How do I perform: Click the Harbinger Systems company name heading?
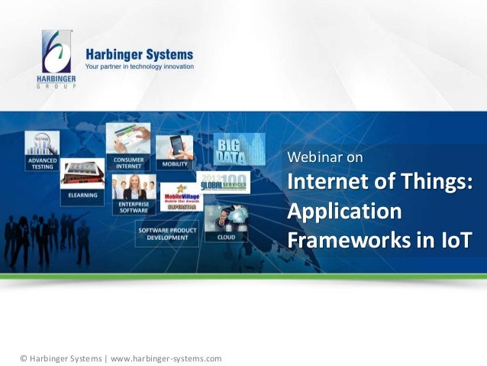pos(139,55)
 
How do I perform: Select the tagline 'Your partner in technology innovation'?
pos(139,67)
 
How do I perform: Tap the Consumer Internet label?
pos(127,162)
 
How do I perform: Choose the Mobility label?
pos(175,164)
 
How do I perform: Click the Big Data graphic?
pos(239,148)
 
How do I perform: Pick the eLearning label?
pos(82,196)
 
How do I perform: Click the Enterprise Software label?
pos(133,207)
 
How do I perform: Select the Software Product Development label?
pos(166,233)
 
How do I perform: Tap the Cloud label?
pos(226,237)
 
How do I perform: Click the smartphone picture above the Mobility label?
pos(175,147)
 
